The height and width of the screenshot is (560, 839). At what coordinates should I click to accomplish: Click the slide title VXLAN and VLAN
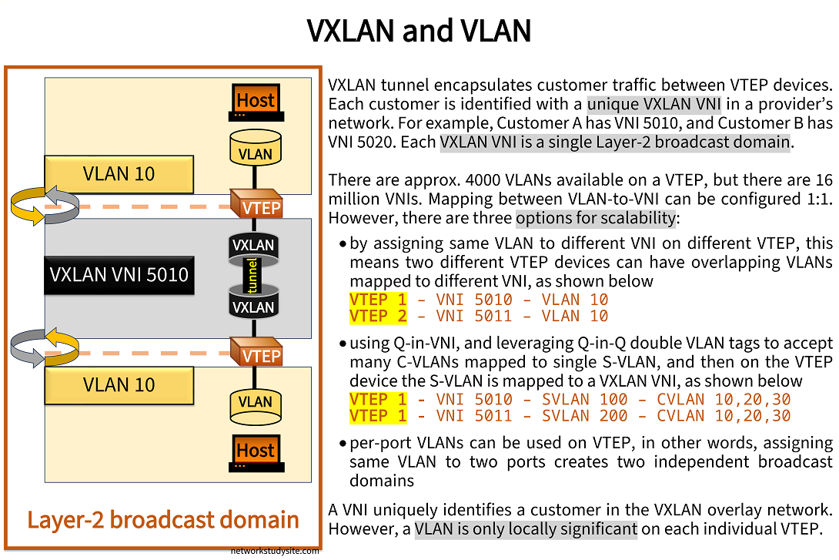point(419,32)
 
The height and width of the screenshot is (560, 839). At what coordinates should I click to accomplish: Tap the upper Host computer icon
point(256,102)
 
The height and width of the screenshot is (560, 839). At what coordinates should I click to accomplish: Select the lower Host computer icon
point(256,453)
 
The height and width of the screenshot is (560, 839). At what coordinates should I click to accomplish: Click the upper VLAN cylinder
point(255,149)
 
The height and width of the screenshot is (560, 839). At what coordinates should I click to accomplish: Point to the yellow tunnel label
point(252,277)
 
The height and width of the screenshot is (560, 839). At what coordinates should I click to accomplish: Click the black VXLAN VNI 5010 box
point(119,274)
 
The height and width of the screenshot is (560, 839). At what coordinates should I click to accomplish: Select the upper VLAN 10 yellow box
point(119,174)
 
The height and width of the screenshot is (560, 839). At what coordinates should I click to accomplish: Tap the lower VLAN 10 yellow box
point(119,384)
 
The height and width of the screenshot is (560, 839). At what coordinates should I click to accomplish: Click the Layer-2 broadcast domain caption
point(162,519)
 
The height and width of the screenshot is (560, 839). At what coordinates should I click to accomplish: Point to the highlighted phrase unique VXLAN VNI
point(653,104)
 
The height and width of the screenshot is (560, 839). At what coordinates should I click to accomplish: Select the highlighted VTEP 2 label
point(377,316)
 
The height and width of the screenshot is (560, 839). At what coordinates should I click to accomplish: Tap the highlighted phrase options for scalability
point(596,219)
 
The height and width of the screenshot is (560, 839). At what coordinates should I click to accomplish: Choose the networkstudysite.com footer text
point(275,552)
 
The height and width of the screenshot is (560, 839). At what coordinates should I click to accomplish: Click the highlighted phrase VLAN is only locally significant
point(526,529)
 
